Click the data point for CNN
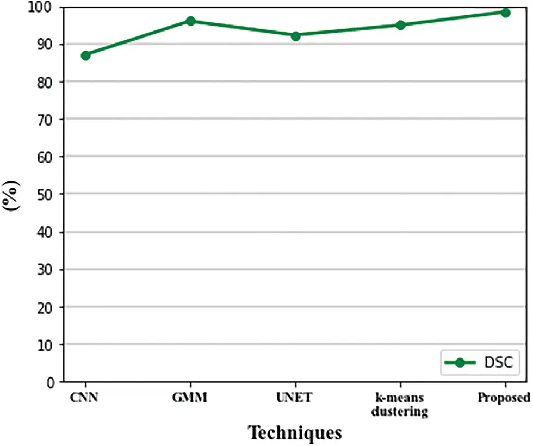[85, 55]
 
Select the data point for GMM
[190, 21]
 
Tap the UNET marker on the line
[295, 36]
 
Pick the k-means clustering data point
[400, 25]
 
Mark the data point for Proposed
[505, 13]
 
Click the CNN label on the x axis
[85, 398]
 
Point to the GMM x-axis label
[190, 398]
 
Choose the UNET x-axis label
[295, 398]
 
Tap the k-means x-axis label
[400, 404]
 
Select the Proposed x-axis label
[504, 398]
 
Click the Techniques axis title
[295, 432]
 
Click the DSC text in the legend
[497, 363]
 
